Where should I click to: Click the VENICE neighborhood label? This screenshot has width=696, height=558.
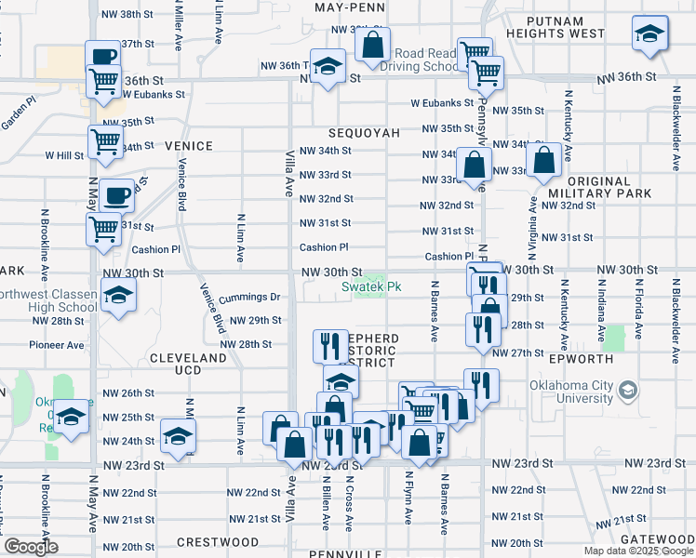pos(188,146)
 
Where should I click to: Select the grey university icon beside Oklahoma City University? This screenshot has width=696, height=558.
pos(630,390)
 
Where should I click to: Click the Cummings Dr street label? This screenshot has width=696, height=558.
pos(249,297)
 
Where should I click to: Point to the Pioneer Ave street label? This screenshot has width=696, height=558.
pos(58,344)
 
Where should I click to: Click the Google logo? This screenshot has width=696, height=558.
pos(31,546)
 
